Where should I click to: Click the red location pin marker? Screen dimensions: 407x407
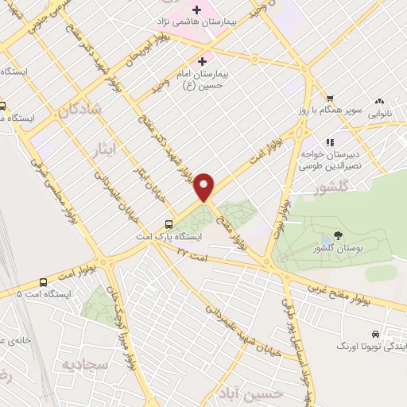[205, 187]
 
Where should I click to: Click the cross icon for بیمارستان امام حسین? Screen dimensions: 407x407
[202, 60]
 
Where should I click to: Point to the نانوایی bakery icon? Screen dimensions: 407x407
[379, 101]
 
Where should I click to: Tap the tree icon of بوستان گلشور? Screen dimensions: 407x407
[338, 235]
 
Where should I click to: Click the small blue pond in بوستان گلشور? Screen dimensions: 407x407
[324, 240]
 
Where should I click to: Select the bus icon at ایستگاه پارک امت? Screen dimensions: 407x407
[169, 223]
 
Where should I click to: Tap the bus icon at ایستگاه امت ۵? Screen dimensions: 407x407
[42, 281]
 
